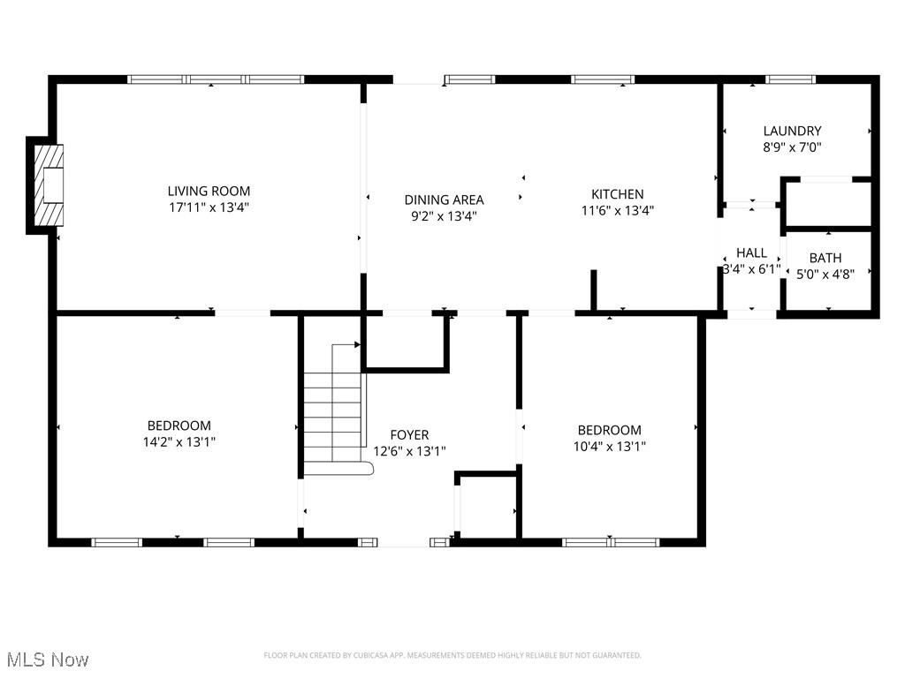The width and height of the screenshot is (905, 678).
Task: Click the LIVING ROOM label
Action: click(x=209, y=191)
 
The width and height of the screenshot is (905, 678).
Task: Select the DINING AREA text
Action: click(x=444, y=200)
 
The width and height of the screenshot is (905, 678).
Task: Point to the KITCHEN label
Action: click(x=617, y=194)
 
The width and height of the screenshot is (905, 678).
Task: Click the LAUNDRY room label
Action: click(x=792, y=131)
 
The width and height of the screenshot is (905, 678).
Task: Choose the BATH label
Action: click(x=825, y=258)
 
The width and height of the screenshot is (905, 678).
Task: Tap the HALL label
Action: click(x=751, y=252)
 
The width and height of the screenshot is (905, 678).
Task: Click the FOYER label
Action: click(x=409, y=434)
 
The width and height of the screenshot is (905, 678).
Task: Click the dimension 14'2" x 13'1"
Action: click(x=179, y=441)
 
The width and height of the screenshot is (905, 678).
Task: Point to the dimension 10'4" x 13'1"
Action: click(x=609, y=446)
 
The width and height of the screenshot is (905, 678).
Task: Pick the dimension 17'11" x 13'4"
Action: click(x=209, y=207)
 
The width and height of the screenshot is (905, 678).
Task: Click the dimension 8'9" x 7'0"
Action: click(x=792, y=148)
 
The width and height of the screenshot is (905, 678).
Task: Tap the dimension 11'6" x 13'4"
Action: click(x=617, y=210)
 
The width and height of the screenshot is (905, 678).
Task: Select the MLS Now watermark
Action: click(x=47, y=659)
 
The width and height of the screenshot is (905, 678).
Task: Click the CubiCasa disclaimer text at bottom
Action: click(x=452, y=655)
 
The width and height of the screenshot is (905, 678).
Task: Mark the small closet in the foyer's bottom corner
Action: click(x=486, y=508)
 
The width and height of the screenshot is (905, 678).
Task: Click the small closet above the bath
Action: click(x=828, y=203)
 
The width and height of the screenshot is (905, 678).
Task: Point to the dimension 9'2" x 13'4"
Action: click(x=444, y=215)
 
